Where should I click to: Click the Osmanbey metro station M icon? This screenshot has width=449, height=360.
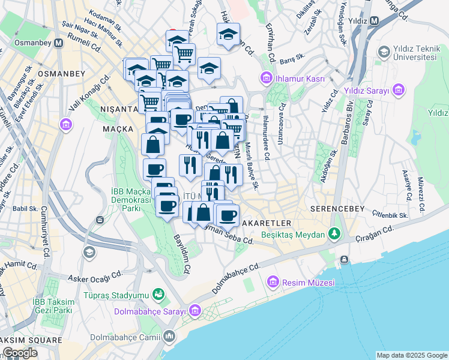59,43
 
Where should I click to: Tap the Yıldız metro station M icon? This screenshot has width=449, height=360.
374,21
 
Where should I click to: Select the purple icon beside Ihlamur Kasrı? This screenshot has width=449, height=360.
265,79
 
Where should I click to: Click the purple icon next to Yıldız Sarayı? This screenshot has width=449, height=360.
399,91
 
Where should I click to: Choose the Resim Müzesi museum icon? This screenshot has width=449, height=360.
273,281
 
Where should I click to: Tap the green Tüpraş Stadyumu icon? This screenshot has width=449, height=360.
158,295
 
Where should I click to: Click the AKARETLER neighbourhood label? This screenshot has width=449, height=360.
267,223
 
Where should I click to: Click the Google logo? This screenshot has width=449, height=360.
20,353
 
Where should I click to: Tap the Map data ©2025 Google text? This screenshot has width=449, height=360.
411,355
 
